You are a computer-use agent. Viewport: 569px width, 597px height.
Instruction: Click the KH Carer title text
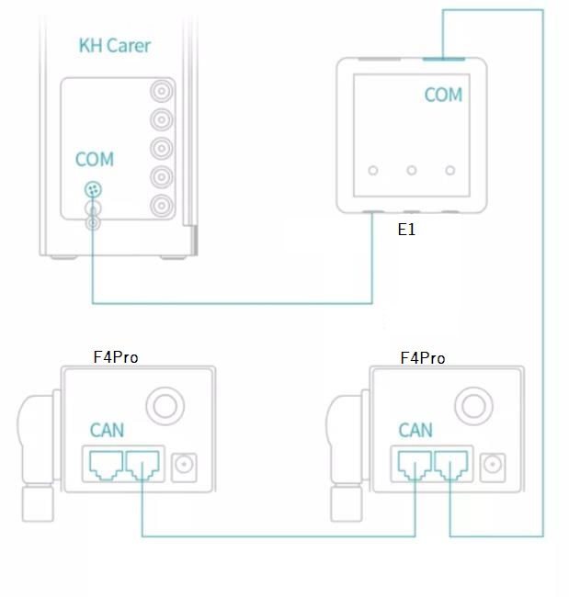pos(114,45)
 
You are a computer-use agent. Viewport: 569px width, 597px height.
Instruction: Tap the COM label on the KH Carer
pos(95,160)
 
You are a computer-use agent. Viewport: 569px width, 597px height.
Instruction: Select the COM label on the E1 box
pos(443,96)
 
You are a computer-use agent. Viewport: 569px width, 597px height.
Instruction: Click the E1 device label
pos(406,230)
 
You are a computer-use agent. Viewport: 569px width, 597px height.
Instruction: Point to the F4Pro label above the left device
pos(116,356)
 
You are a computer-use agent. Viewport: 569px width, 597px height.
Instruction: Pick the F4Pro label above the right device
pos(423,357)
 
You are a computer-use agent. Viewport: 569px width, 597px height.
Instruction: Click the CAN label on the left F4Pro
pos(108,430)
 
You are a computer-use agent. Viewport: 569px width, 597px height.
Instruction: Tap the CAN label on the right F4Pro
pos(415,430)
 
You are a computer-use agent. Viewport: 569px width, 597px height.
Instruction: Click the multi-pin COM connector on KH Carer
pos(93,190)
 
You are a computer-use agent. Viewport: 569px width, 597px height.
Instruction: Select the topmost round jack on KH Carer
pos(163,92)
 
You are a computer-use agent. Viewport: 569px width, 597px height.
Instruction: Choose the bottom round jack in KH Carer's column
pos(163,205)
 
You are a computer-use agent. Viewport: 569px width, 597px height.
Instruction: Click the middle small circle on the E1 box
pos(412,171)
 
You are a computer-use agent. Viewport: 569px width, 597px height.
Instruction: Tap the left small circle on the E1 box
pos(373,171)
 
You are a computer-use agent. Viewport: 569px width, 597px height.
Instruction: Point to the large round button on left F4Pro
pos(165,405)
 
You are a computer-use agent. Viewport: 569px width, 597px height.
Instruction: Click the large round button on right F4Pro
pos(473,405)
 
